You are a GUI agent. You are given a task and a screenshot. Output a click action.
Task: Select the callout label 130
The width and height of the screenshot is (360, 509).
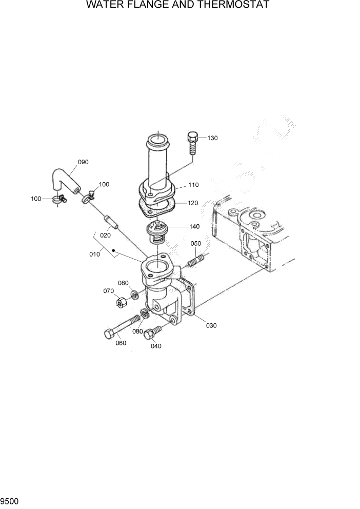pos(212,138)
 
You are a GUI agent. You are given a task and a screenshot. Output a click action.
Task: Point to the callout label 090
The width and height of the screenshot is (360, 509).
pos(83,162)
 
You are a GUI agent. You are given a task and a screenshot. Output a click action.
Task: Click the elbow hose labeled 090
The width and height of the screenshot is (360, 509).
pos(64,181)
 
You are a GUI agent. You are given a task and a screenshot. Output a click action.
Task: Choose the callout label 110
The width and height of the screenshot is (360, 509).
pos(193,185)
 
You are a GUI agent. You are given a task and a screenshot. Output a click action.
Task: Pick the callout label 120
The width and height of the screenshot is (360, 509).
pos(193,203)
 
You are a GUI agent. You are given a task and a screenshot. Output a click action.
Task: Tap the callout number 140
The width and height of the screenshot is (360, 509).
pos(194,226)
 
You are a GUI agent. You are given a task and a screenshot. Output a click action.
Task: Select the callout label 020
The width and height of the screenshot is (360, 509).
pos(105,236)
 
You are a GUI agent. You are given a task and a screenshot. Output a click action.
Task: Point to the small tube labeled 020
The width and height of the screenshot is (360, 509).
pos(111,222)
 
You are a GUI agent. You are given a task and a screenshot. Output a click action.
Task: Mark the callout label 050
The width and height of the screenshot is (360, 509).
pos(196,243)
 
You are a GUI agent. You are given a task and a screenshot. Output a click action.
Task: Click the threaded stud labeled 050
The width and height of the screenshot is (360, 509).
pos(196,261)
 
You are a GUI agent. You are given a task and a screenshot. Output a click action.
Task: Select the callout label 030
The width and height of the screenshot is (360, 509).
pos(211,325)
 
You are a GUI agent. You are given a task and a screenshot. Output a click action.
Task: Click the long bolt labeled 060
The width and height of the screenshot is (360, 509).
pos(122,327)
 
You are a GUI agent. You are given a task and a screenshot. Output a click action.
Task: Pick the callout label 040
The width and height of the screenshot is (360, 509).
pos(156,346)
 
